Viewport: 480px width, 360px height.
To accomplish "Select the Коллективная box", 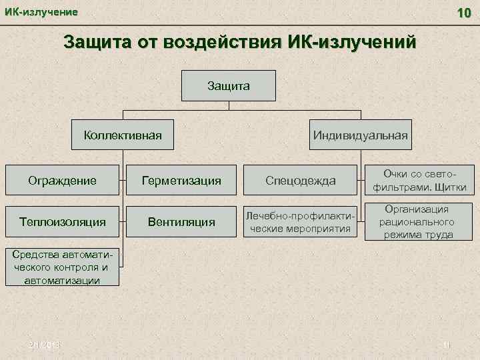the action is (x=123, y=135).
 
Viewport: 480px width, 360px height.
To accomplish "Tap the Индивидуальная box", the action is (x=360, y=135).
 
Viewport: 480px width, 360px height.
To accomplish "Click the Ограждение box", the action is (x=62, y=180).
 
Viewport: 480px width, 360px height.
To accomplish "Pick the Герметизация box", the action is (x=181, y=180).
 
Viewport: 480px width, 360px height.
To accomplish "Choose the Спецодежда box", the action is (x=301, y=180).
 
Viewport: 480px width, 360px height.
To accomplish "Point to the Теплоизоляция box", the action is (x=62, y=221).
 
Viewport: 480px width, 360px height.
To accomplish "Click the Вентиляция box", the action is (x=181, y=221).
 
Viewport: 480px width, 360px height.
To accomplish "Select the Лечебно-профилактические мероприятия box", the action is (x=301, y=221).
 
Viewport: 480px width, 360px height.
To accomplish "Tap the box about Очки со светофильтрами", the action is (x=419, y=179).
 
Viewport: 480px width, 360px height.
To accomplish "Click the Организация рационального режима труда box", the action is (x=419, y=222).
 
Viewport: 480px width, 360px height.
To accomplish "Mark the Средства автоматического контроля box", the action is (x=62, y=267).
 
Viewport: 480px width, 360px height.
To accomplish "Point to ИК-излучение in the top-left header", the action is (x=41, y=12).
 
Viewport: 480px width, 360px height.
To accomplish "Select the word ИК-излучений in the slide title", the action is (x=353, y=43).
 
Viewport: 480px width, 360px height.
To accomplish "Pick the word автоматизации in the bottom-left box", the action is (x=62, y=280).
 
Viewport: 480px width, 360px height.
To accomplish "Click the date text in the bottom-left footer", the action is (x=45, y=343).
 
